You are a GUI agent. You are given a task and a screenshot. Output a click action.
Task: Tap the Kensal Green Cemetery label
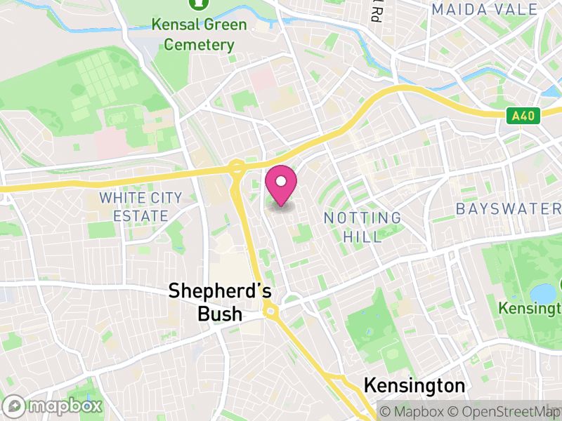tap(200, 34)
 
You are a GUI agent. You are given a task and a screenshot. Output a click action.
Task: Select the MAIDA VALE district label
tap(485, 9)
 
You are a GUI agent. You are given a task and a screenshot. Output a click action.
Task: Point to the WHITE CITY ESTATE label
tap(140, 207)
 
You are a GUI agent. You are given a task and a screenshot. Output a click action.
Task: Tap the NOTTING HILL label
tap(362, 227)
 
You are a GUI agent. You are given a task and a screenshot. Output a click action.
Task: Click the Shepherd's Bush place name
tap(220, 302)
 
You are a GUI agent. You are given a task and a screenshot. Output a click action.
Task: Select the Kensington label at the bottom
tap(414, 385)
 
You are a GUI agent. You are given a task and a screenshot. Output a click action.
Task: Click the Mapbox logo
tap(53, 406)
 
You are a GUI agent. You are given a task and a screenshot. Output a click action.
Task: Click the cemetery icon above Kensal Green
tap(200, 4)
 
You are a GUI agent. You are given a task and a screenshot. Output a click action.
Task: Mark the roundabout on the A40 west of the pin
tap(237, 168)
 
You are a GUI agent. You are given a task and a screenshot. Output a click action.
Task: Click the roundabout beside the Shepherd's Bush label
tap(270, 311)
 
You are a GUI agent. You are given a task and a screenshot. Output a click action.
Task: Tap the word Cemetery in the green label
tap(200, 45)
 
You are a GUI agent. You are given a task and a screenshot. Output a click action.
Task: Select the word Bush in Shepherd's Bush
tap(220, 314)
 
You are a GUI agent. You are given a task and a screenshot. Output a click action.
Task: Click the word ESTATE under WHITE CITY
tap(140, 216)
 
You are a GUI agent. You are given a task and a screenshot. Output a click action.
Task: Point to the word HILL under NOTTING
tap(362, 236)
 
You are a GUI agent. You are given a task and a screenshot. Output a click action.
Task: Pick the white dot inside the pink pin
tap(281, 182)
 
